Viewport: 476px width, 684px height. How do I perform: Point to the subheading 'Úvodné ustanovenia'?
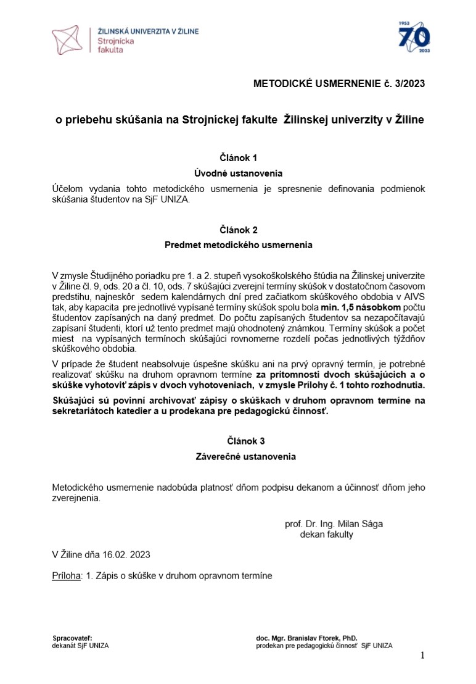pos(239,173)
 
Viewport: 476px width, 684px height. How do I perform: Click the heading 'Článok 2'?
pos(239,230)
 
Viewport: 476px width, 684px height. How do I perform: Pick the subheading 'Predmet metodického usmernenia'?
pos(239,245)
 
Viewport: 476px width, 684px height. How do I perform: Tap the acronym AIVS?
pos(412,296)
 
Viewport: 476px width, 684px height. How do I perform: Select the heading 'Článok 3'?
pos(239,441)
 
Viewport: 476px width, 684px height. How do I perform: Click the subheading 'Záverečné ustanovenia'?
pos(239,457)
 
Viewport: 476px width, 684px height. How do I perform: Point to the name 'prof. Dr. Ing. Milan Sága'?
pos(334,524)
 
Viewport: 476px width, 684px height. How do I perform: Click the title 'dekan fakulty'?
pos(327,535)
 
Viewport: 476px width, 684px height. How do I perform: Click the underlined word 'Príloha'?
pos(67,576)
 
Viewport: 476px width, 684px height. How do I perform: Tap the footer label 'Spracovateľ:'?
pos(72,638)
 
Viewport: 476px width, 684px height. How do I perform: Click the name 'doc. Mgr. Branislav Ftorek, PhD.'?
pos(306,638)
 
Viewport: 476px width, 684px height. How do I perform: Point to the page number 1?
pos(422,655)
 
